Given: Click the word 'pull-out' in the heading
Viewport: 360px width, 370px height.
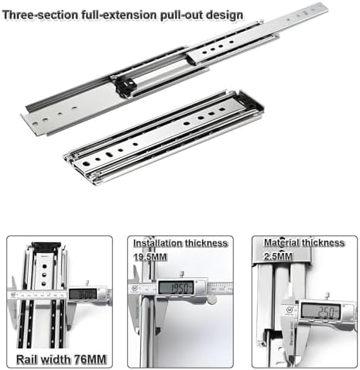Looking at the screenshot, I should pos(175,15).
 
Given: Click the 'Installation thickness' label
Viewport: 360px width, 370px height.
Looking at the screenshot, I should pos(180,242).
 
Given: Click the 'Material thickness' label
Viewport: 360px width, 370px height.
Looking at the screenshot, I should pos(303,242).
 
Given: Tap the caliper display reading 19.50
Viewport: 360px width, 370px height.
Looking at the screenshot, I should pos(176,287).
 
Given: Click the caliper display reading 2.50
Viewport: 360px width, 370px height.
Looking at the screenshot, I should pos(323,310).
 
